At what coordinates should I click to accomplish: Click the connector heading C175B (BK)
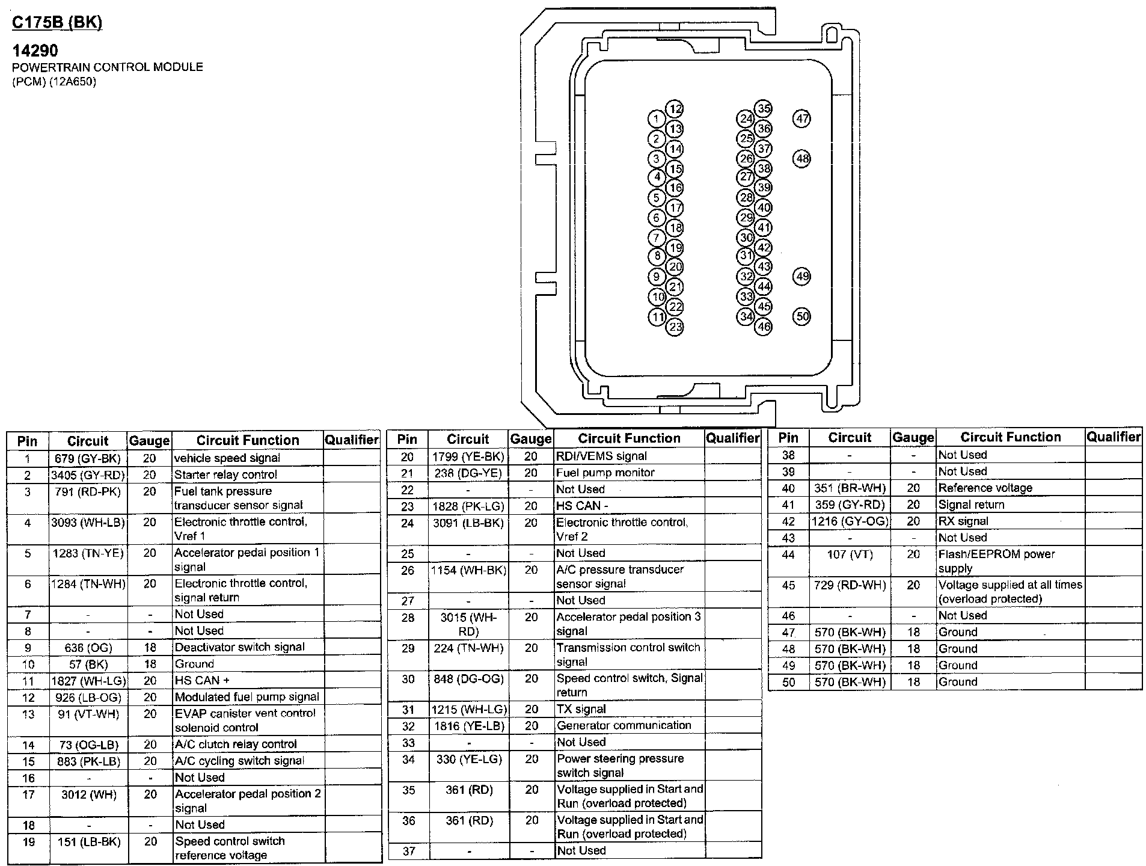[x=57, y=22]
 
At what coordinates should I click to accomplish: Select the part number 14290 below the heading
[x=35, y=51]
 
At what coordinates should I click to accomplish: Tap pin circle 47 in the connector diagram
[x=801, y=118]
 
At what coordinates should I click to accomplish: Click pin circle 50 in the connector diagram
[x=801, y=316]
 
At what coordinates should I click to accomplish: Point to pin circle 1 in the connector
[x=657, y=119]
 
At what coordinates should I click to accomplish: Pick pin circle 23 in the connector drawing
[x=675, y=327]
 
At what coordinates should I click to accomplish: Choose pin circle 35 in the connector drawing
[x=764, y=109]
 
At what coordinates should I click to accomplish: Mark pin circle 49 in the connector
[x=801, y=277]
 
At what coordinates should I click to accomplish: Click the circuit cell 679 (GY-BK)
[x=88, y=459]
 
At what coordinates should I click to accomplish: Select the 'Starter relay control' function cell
[x=226, y=474]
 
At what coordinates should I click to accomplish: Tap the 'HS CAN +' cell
[x=202, y=681]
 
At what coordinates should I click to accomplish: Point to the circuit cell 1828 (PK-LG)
[x=468, y=506]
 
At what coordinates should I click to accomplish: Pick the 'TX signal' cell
[x=581, y=709]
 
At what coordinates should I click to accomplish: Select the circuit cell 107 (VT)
[x=850, y=554]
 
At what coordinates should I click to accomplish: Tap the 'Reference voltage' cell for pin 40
[x=985, y=488]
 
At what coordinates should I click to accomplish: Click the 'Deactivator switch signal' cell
[x=239, y=647]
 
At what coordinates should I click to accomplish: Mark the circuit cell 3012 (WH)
[x=88, y=795]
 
